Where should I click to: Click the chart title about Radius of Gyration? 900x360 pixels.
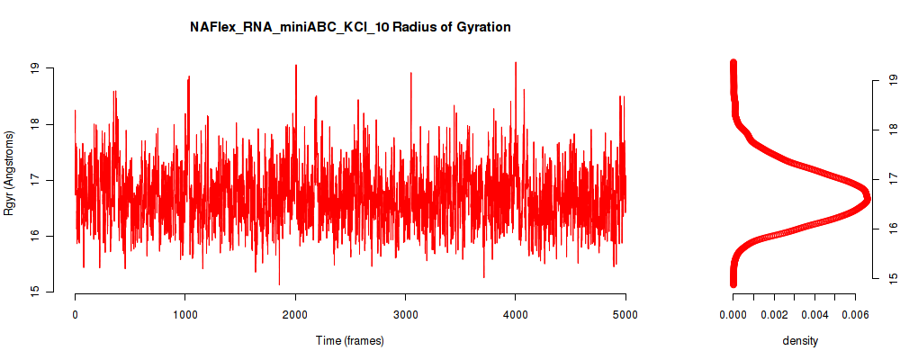click(350, 27)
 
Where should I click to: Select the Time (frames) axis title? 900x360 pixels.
click(350, 340)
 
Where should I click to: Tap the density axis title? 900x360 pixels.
click(800, 340)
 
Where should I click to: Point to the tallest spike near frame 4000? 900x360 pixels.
click(516, 63)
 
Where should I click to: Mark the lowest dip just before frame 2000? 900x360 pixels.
click(279, 284)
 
